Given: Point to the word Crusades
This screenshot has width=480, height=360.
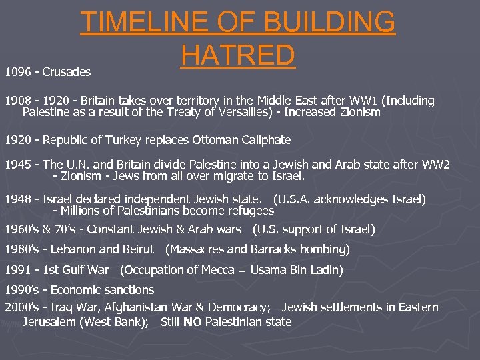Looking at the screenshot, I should coord(67,71).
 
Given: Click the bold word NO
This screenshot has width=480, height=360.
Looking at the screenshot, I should coord(193,322).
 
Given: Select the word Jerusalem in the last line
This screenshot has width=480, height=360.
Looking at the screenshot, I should coord(51,322).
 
